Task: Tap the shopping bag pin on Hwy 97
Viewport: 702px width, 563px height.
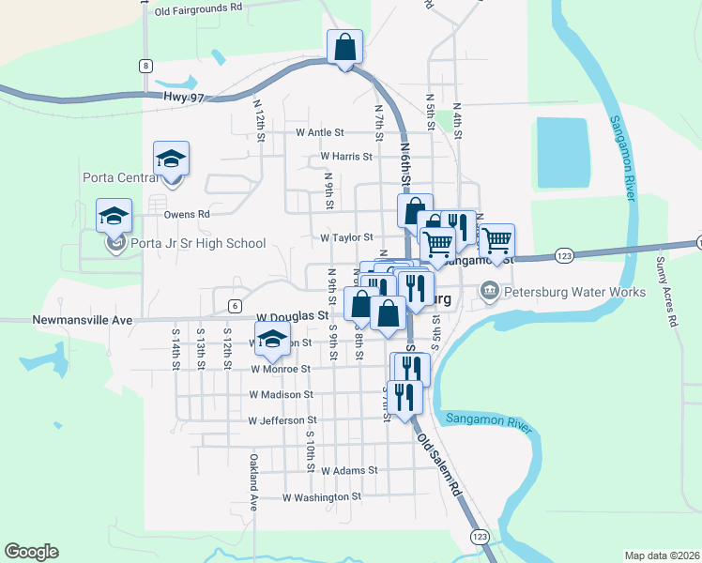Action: (x=344, y=47)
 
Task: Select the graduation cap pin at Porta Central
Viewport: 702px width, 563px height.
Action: (x=172, y=158)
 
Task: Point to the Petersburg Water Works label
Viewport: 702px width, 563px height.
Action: (x=574, y=292)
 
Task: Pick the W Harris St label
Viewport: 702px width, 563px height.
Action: (x=346, y=156)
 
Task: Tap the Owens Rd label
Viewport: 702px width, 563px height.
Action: (x=187, y=214)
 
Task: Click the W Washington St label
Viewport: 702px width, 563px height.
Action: (x=322, y=497)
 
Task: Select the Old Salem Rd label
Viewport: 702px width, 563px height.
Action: (x=440, y=465)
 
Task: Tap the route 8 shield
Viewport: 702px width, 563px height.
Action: (x=145, y=65)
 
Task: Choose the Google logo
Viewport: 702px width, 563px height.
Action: (x=31, y=552)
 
